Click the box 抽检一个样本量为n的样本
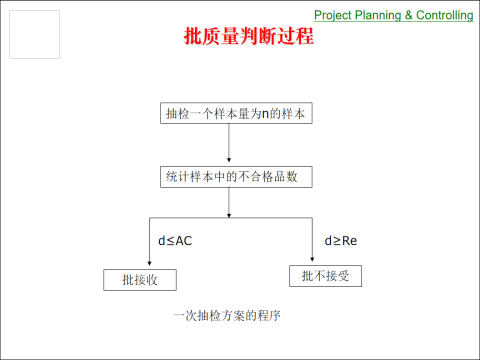(x=231, y=114)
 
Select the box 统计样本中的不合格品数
(x=231, y=176)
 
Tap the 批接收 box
(x=140, y=280)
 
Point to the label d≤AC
(x=175, y=241)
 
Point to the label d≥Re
(x=341, y=241)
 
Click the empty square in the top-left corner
(x=34, y=35)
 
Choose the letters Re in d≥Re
(x=349, y=241)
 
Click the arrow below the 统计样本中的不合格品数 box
(x=230, y=202)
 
